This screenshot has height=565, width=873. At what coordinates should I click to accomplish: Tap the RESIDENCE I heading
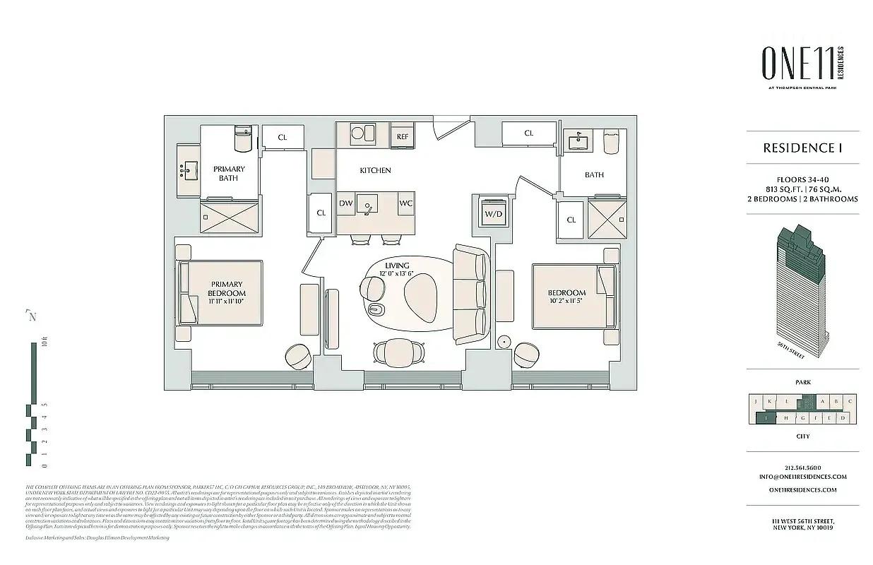(803, 148)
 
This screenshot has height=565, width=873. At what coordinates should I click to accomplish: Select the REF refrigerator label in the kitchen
(403, 137)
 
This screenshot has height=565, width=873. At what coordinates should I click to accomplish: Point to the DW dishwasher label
(346, 203)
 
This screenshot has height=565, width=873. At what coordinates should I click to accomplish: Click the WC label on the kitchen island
(405, 203)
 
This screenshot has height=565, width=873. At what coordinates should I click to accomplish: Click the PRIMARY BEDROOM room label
(227, 289)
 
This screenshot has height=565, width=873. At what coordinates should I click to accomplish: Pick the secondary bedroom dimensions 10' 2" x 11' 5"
(566, 302)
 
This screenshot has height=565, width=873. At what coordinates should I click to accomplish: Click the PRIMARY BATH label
(229, 174)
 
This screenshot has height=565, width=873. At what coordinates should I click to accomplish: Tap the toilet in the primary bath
(242, 139)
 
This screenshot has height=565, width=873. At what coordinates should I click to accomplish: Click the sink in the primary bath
(188, 170)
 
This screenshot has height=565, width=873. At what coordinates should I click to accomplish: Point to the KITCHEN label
(375, 170)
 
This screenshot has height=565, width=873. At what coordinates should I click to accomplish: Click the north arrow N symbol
(31, 316)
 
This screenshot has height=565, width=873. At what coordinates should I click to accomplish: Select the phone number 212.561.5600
(803, 467)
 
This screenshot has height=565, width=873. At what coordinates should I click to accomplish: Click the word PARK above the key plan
(803, 382)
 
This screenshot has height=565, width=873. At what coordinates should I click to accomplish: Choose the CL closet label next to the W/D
(571, 220)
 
